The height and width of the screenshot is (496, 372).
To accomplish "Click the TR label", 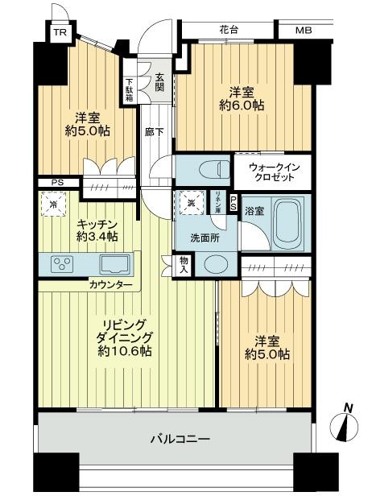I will [60, 33].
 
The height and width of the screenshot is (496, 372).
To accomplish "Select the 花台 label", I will [228, 31].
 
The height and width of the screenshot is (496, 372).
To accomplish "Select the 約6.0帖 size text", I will [241, 105].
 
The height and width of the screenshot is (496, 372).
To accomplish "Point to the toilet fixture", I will [201, 171].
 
